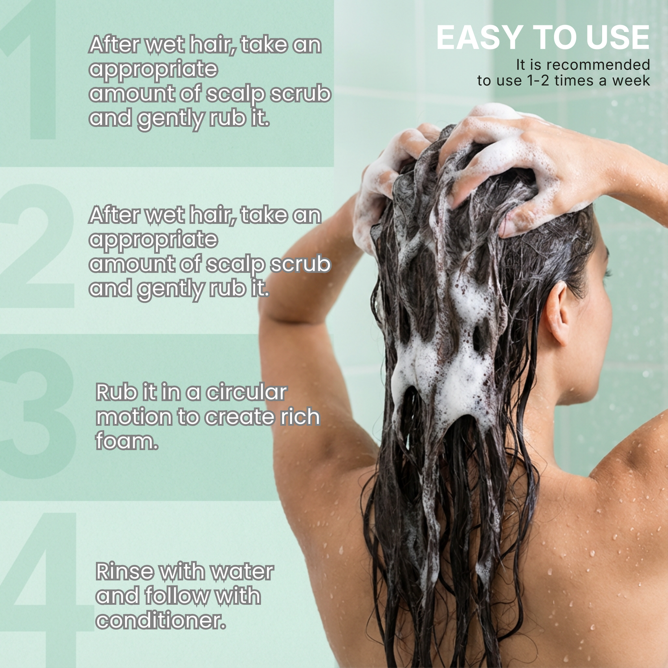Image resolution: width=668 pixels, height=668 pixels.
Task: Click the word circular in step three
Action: tap(246, 393)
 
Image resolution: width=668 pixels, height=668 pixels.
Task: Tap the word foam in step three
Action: tap(125, 441)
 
